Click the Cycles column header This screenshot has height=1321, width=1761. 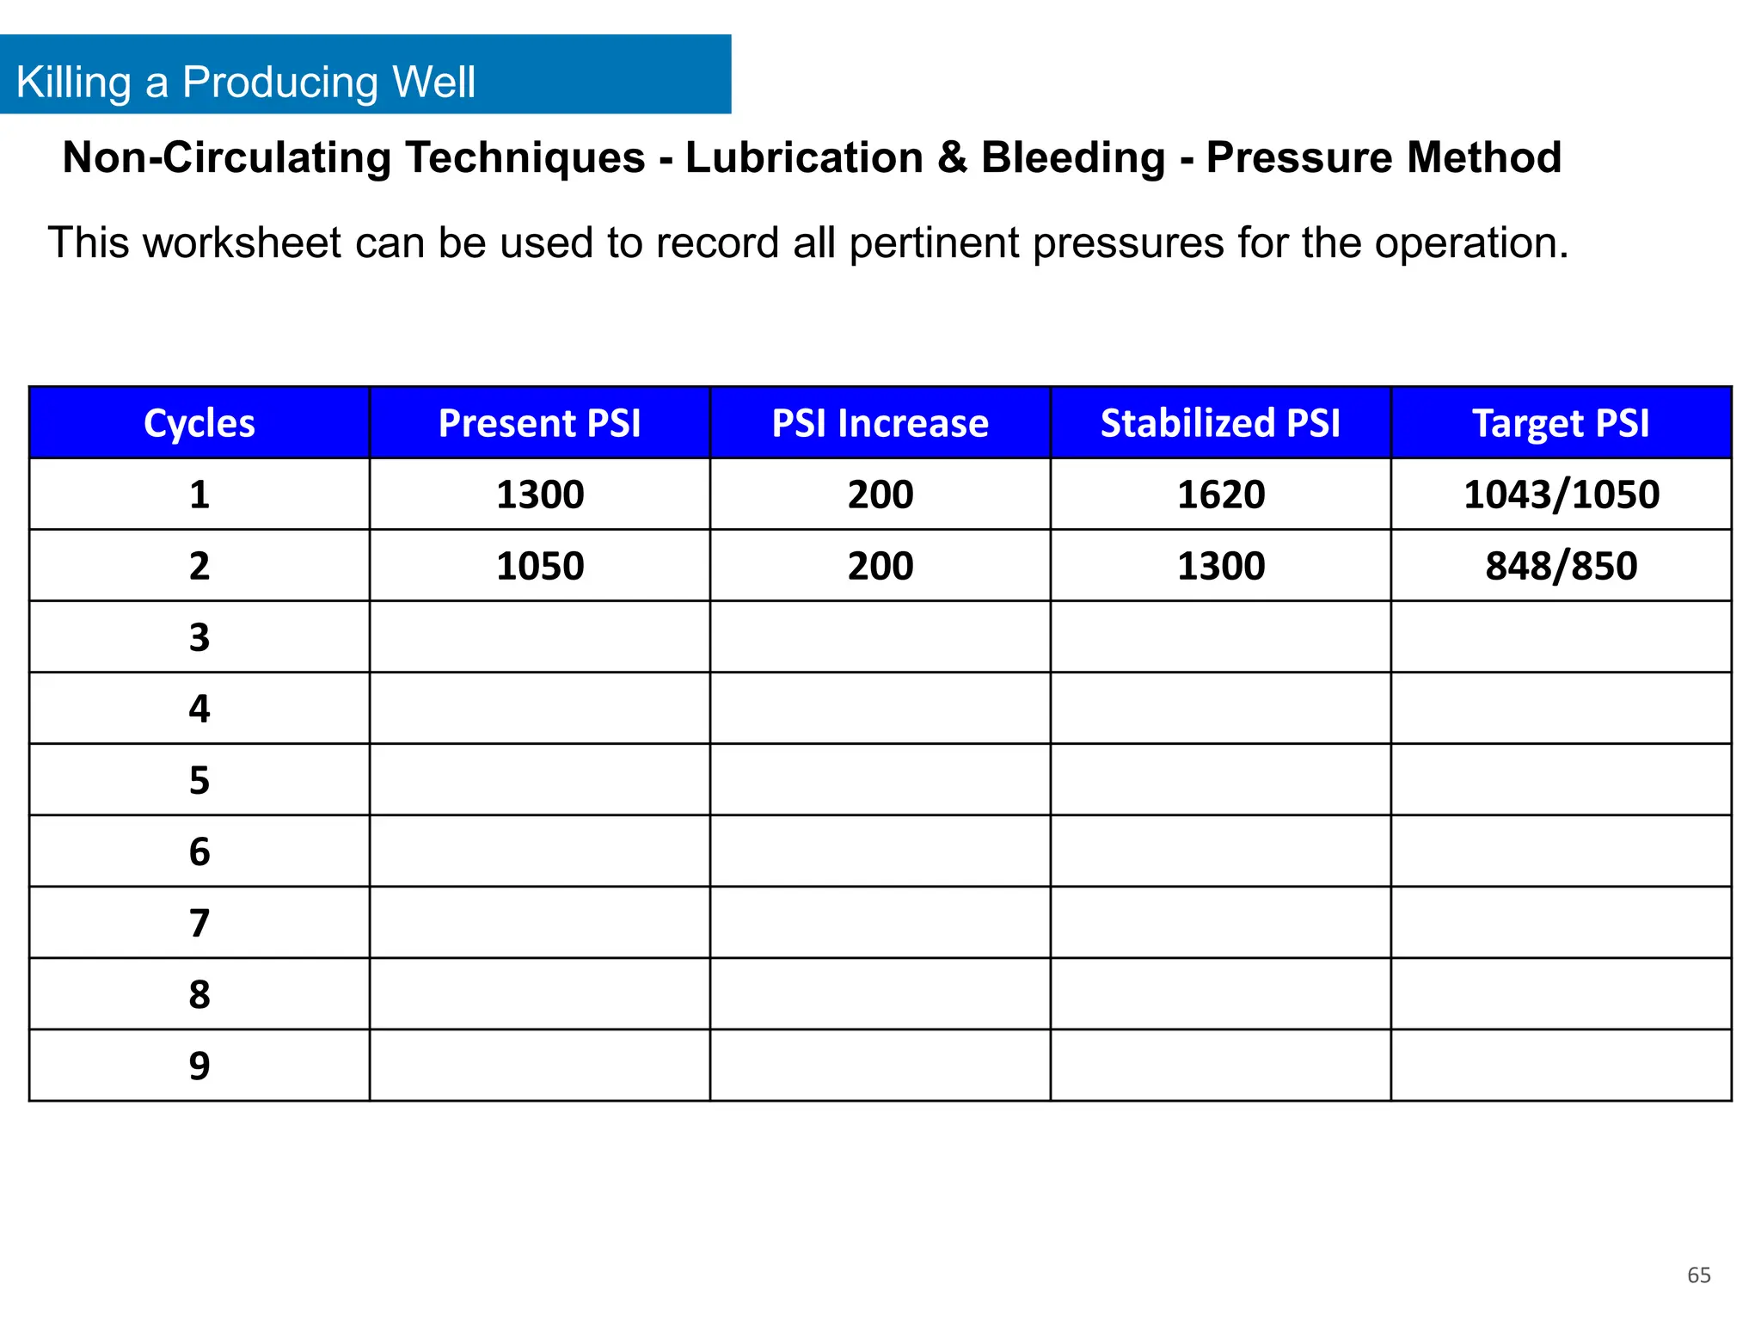point(199,423)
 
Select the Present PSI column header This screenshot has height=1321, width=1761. point(540,423)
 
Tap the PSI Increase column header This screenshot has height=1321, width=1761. point(880,423)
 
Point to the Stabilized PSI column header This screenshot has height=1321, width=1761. point(1220,423)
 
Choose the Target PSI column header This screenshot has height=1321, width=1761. point(1561,423)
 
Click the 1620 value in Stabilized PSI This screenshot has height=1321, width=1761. point(1221,495)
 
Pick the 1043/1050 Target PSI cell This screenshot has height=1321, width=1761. point(1562,495)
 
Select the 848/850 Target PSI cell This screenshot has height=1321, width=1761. point(1562,566)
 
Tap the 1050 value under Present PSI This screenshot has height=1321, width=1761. point(540,566)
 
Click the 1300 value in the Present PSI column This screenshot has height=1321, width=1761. point(540,495)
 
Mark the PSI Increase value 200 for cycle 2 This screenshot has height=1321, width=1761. point(880,566)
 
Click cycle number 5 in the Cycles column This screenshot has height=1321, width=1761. point(199,780)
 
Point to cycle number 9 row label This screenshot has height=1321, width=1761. point(199,1066)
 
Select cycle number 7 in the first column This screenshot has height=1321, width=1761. point(199,923)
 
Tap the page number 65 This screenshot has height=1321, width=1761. point(1699,1275)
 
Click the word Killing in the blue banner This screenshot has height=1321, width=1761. point(74,83)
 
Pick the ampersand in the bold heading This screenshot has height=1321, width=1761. point(952,157)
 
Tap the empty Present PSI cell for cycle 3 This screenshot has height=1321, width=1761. point(540,637)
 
